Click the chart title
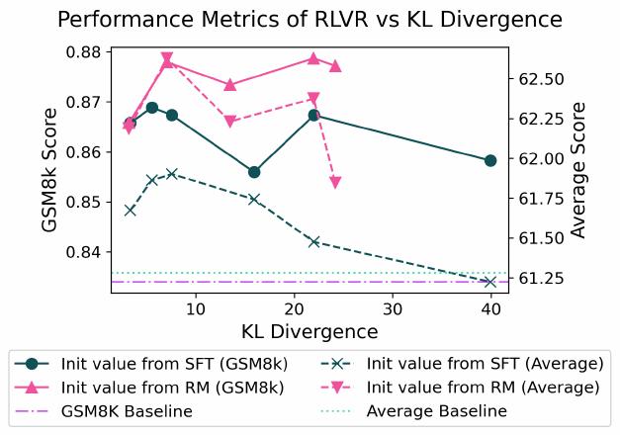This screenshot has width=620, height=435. click(x=310, y=20)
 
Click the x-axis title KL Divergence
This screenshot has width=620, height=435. click(x=310, y=330)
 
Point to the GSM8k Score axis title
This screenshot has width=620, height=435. click(x=50, y=170)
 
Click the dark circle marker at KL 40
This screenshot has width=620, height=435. click(x=490, y=160)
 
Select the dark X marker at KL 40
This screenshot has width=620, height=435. click(x=490, y=282)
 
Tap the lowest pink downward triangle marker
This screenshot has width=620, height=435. click(x=335, y=183)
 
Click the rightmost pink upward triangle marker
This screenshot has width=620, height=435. click(x=335, y=65)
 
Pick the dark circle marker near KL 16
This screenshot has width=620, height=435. click(x=254, y=172)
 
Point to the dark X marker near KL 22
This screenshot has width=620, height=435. click(x=313, y=241)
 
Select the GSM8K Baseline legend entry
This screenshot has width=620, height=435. click(x=126, y=410)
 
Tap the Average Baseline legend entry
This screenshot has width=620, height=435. click(x=436, y=410)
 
